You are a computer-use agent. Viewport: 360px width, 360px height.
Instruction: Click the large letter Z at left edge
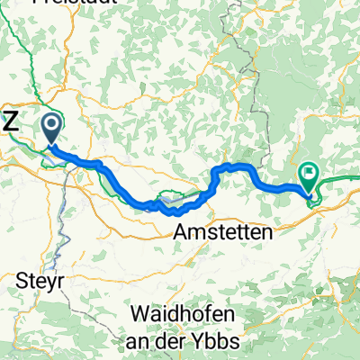(x=10, y=125)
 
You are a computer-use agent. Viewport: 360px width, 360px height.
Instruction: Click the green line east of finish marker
(x=342, y=179)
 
